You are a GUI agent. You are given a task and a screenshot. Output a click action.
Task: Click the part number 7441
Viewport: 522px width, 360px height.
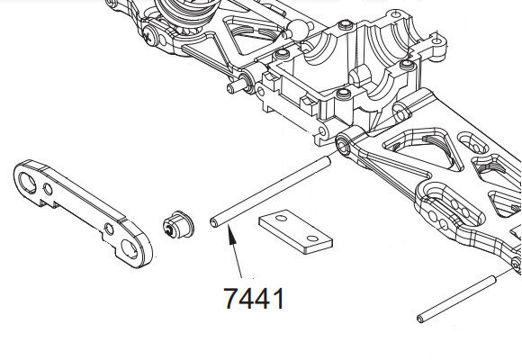[x=254, y=298]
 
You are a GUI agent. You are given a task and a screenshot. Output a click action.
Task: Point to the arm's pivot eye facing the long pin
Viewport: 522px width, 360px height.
[x=344, y=144]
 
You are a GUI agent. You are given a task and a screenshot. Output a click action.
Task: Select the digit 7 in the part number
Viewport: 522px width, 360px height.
[x=232, y=298]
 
